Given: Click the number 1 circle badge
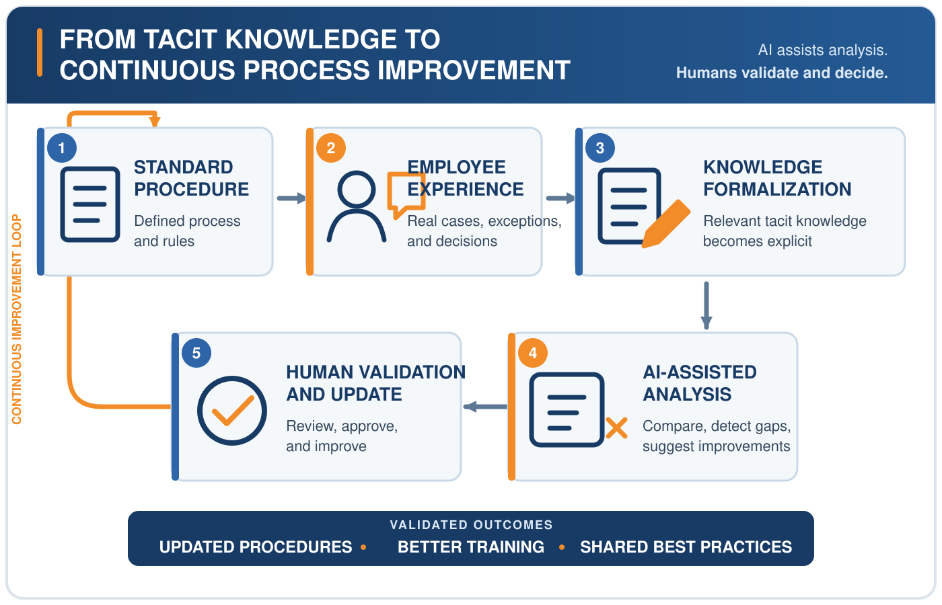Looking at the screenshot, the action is point(62,148).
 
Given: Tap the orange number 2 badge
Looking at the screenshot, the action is point(331,148).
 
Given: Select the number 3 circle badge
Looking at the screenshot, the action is point(600,148).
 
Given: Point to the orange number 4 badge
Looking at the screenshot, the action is point(533,353).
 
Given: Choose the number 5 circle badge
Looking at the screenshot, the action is point(196,353).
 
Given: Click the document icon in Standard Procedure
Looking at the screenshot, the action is point(90,204).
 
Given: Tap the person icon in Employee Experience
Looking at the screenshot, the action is point(357,206).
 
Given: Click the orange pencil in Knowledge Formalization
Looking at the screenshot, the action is point(665,224).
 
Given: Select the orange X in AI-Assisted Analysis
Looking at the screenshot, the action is point(616,428).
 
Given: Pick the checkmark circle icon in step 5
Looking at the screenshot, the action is point(232,411).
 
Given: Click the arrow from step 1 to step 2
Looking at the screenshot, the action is point(291,198).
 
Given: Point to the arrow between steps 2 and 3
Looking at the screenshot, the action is point(560,198).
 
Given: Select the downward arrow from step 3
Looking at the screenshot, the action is point(706,305).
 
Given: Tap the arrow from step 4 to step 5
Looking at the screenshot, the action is point(485,406).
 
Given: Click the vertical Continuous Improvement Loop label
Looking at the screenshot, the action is point(16,319).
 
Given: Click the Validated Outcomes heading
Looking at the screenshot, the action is point(471,525).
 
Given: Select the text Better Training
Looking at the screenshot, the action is point(471,547).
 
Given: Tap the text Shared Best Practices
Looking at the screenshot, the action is point(686,547).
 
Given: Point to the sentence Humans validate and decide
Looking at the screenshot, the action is point(782,73).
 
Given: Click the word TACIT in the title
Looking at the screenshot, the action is point(181,39).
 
